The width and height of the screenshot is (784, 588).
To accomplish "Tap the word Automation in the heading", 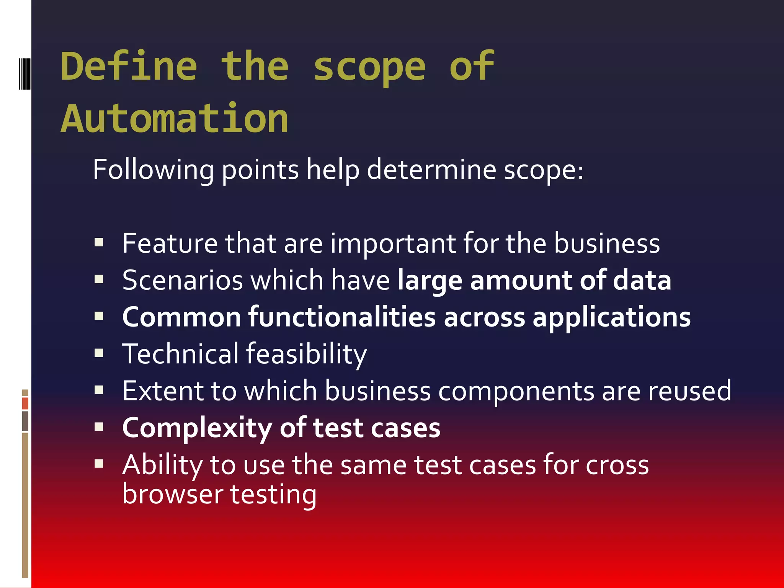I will tap(175, 119).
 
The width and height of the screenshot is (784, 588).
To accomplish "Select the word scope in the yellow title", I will tap(369, 68).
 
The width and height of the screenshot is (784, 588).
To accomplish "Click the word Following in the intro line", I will tap(153, 170).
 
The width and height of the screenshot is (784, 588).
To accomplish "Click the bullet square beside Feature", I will tap(99, 242).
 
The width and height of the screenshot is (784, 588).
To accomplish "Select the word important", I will tap(393, 244).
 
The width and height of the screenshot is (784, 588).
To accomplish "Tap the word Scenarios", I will tap(183, 280).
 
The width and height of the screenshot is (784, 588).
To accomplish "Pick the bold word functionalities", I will tap(342, 317).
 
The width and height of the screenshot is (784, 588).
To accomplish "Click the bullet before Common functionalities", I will tap(99, 316).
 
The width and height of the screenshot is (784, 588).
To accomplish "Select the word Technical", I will tap(181, 353).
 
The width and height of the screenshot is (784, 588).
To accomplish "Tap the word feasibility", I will tap(306, 354).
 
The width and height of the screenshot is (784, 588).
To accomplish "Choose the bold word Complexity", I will tap(197, 428).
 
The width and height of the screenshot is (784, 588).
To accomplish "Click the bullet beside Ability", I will tap(99, 464).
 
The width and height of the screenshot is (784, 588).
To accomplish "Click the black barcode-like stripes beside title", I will tap(24, 73).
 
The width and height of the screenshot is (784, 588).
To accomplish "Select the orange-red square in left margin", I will tap(25, 403).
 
